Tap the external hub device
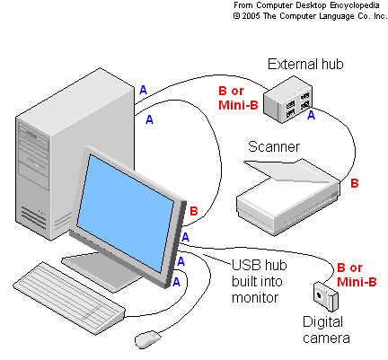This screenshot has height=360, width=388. point(287,98)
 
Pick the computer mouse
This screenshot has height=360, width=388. point(147,338)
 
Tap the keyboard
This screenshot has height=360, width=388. point(69,294)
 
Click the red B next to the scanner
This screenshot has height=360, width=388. point(354,183)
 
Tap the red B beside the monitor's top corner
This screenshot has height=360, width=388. point(194,211)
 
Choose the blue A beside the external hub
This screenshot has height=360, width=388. point(311,115)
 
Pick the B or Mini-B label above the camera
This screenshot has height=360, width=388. point(356,274)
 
